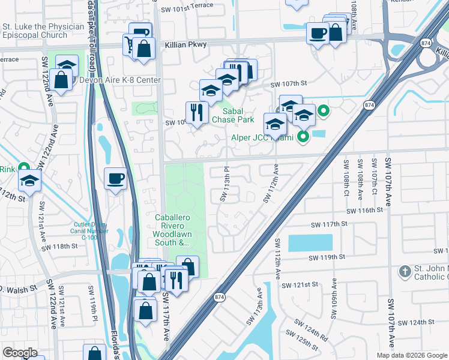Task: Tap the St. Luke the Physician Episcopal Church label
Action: tap(43, 31)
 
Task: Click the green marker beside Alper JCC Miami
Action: tap(303, 138)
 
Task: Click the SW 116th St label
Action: tap(364, 211)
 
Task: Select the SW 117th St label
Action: tap(330, 224)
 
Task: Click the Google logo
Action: tap(20, 353)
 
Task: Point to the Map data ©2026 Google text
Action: tap(412, 355)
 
